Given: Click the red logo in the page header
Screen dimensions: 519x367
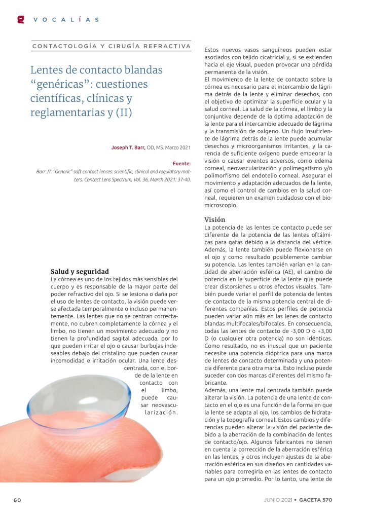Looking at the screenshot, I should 21,19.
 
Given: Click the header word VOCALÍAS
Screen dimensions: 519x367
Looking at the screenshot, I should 66,20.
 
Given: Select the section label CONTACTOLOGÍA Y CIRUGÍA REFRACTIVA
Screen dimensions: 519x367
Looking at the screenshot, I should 111,47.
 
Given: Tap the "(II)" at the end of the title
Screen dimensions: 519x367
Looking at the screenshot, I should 121,113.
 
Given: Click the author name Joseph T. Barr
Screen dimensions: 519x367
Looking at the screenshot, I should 128,147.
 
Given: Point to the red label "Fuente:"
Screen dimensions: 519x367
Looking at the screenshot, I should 181,164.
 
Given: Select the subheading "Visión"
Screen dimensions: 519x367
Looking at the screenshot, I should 215,219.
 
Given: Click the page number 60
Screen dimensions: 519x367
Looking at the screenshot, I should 17,500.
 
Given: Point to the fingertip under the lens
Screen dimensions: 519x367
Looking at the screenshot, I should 117,446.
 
